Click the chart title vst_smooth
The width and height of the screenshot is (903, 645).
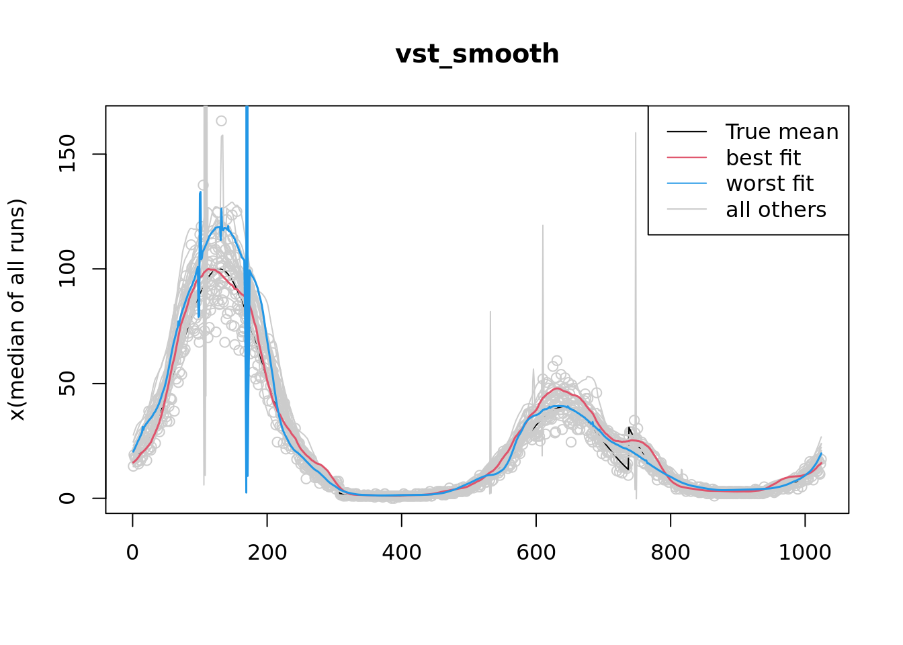(477, 54)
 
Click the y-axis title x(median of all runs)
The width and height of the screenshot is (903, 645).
(17, 310)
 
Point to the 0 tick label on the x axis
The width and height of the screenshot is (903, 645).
(132, 552)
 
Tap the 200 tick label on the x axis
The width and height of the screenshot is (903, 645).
(267, 552)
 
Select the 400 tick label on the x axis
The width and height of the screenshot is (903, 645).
(401, 552)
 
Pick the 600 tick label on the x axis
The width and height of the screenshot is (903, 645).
(536, 552)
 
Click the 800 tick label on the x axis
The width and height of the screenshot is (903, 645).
(671, 552)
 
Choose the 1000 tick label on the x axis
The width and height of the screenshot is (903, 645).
(805, 552)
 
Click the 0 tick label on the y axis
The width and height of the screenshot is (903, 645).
(67, 498)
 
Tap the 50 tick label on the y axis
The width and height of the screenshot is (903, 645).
(67, 384)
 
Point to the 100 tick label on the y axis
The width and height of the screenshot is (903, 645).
(67, 269)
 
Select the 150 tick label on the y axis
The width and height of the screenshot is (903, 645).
(67, 154)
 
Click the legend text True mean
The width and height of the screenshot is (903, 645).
(782, 132)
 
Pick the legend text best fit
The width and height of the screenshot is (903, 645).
(763, 158)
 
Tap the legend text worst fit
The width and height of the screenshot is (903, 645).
(770, 183)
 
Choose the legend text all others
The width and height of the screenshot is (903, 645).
(776, 210)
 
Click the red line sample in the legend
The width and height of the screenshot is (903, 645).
(687, 158)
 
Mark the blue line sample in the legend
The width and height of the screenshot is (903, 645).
(687, 183)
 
